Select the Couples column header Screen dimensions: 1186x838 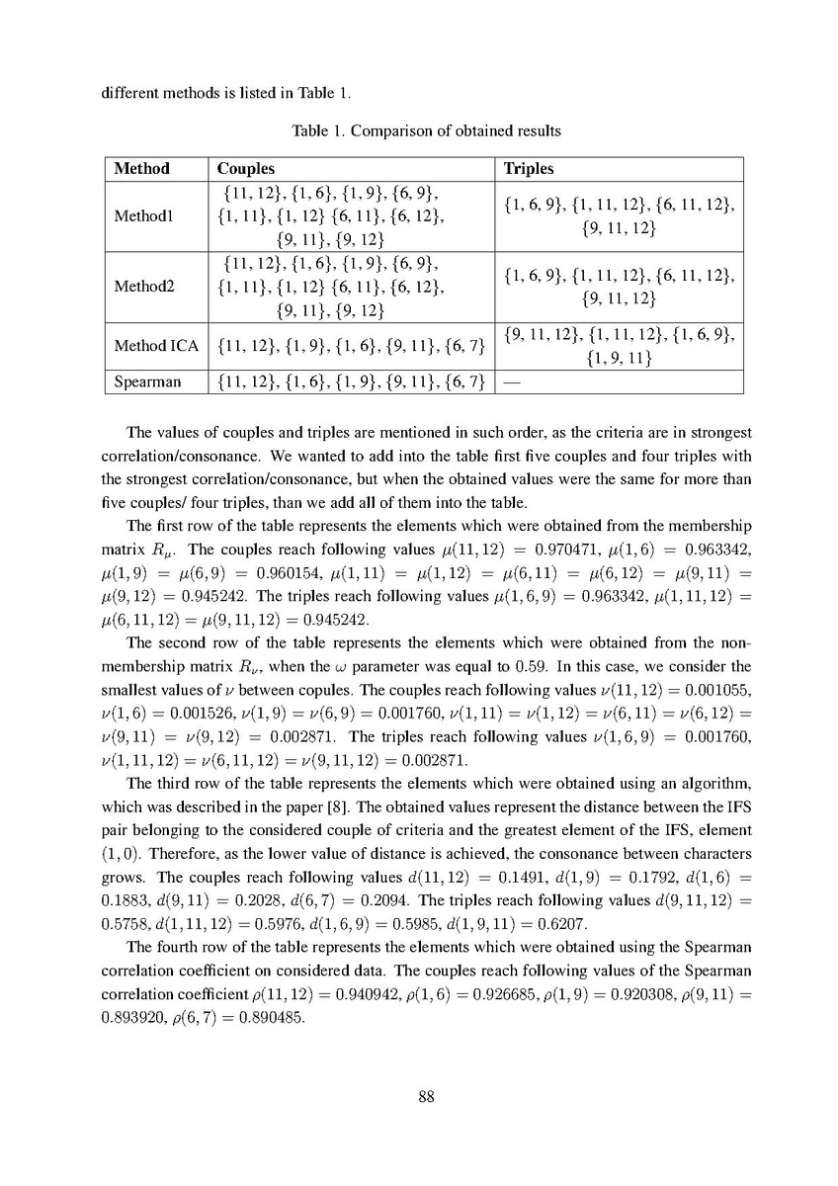[245, 169]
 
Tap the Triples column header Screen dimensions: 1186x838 [529, 169]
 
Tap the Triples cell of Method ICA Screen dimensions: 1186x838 [619, 346]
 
